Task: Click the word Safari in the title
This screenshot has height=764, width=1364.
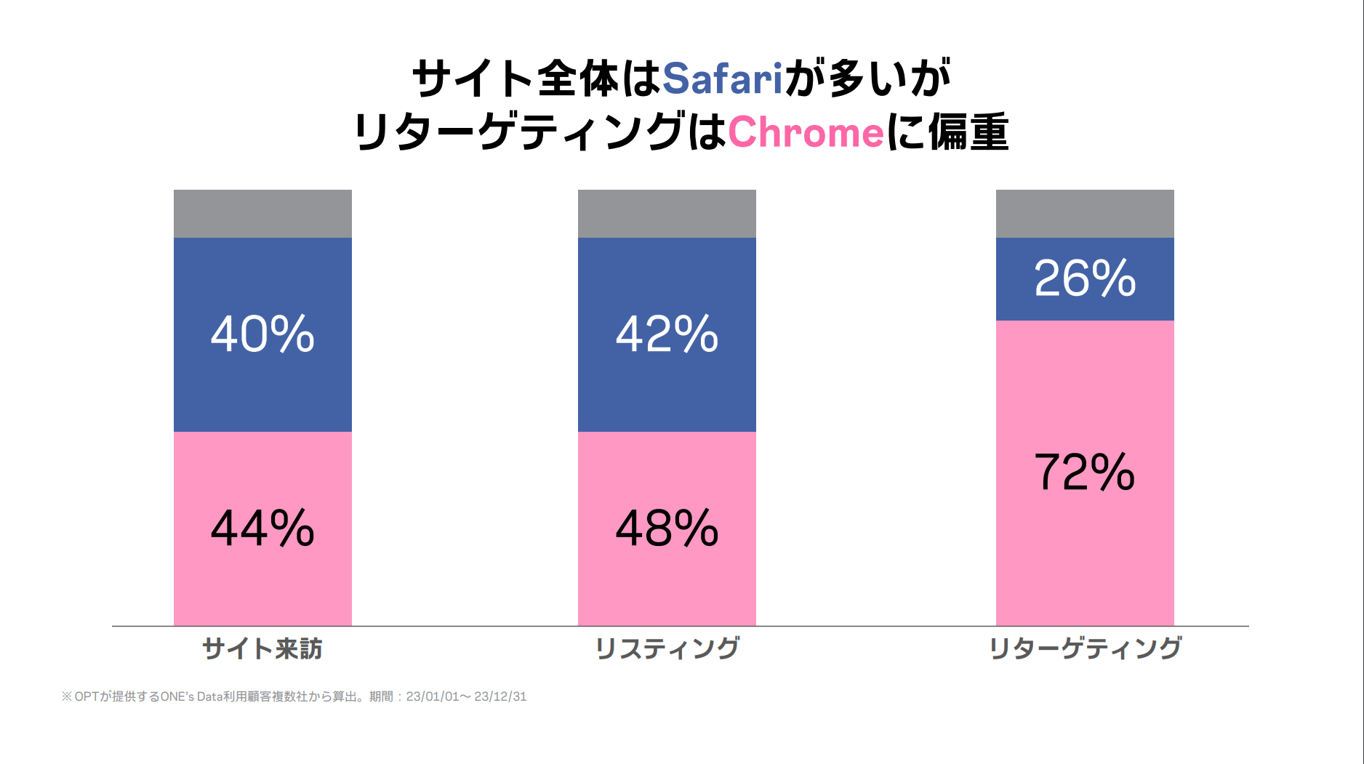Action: tap(722, 79)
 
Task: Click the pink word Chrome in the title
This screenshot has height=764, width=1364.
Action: tap(806, 133)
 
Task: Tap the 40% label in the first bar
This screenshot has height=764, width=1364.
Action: tap(262, 334)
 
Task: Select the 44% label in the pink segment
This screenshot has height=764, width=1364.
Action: tap(262, 528)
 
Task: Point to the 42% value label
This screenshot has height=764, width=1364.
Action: tap(667, 334)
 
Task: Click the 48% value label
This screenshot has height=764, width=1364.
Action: tap(667, 528)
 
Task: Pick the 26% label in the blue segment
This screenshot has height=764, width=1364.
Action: tap(1085, 278)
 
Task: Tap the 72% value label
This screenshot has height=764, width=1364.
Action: tap(1085, 473)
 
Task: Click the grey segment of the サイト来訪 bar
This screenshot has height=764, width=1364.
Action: tap(262, 214)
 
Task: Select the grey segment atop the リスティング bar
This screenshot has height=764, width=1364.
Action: tap(667, 214)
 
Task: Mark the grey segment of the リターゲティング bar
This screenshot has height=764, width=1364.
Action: tap(1085, 214)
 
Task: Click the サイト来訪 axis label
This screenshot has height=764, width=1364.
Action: tap(262, 648)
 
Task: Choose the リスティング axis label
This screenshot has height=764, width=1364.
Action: tap(667, 648)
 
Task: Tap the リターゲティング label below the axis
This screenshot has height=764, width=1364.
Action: tap(1085, 648)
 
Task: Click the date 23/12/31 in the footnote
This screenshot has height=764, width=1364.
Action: tap(500, 696)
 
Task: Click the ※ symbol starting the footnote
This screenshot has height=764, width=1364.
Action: tap(67, 696)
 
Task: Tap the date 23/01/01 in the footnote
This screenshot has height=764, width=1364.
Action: tap(433, 696)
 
